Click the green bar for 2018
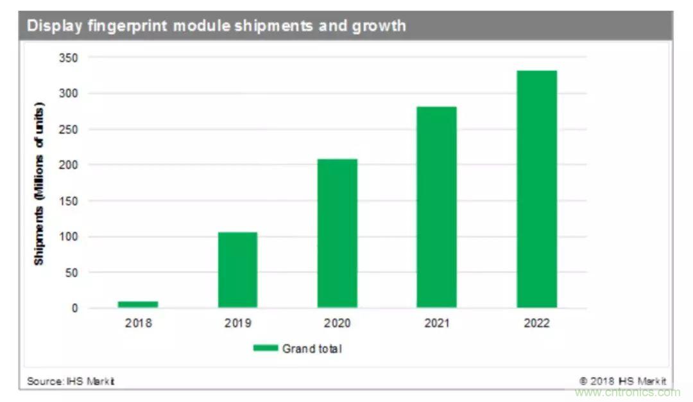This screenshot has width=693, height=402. click(x=138, y=304)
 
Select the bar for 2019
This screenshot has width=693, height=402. click(x=237, y=270)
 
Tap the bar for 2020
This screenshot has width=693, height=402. click(x=337, y=233)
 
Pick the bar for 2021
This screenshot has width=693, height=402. click(x=436, y=207)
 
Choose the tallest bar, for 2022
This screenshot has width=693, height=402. click(x=536, y=189)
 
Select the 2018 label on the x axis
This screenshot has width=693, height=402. click(x=138, y=323)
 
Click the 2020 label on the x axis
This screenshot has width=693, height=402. click(x=337, y=323)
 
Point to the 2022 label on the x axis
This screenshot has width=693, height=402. click(x=536, y=323)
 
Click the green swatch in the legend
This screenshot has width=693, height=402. click(x=265, y=348)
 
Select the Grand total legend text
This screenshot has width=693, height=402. click(x=312, y=349)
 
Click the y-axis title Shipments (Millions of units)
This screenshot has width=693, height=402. click(x=40, y=183)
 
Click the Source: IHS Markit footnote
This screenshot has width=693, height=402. click(x=71, y=381)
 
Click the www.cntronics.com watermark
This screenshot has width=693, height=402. click(x=627, y=392)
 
